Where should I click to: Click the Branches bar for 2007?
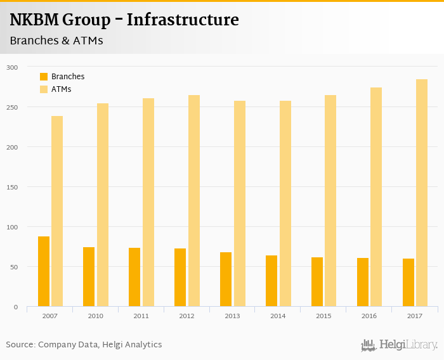coord(44,271)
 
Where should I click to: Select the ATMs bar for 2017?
coord(422,193)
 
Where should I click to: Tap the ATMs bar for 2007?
coord(57,211)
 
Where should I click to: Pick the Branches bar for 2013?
coord(226,280)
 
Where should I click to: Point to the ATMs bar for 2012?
coord(194,201)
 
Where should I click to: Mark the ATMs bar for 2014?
coord(285,203)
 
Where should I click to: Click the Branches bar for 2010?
coord(89,277)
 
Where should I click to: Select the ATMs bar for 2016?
coord(376,197)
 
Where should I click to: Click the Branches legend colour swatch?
coord(44,77)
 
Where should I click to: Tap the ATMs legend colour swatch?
coord(44,89)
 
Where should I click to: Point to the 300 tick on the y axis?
coord(12,67)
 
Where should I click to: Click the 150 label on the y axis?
coord(12,187)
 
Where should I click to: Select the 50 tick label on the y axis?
coord(14,267)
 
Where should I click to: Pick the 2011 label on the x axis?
coord(141,316)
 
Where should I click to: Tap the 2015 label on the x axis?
coord(323,316)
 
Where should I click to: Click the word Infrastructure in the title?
coord(183,20)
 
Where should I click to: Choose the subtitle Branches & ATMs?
coord(56,41)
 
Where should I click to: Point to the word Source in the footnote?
coord(20,345)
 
